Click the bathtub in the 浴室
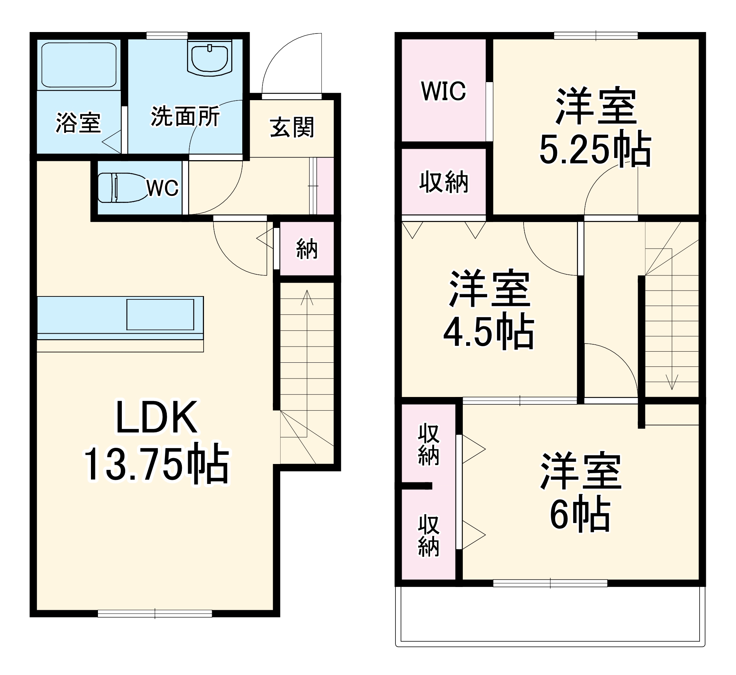point(79,65)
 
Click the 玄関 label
point(292,127)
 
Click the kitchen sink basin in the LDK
point(160,314)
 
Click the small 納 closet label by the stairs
point(307,249)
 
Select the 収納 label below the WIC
point(444,182)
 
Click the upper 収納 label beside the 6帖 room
point(429,444)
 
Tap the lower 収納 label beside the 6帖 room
point(429,536)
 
